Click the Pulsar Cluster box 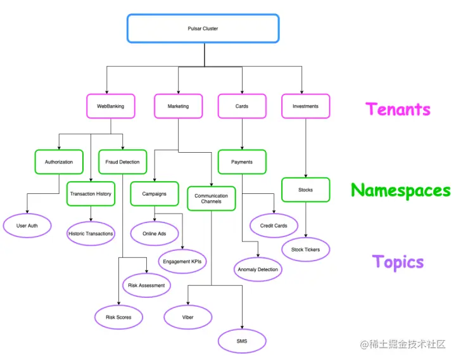(x=203, y=29)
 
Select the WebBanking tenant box (x=110, y=106)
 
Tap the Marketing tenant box (x=178, y=106)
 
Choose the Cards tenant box (x=242, y=106)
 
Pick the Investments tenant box (x=305, y=106)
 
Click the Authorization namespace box (x=58, y=162)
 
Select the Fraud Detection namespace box (x=123, y=162)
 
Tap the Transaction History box (x=91, y=193)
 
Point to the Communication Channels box (x=211, y=198)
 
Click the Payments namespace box (x=242, y=162)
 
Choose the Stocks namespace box (x=305, y=190)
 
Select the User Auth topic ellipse (x=27, y=226)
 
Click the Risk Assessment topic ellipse (x=146, y=285)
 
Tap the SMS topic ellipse (x=242, y=342)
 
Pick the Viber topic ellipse (x=188, y=317)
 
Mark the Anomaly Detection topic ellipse (x=258, y=269)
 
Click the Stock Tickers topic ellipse (x=305, y=249)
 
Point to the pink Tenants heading (x=398, y=109)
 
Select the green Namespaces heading (x=400, y=190)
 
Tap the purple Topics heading (x=398, y=262)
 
